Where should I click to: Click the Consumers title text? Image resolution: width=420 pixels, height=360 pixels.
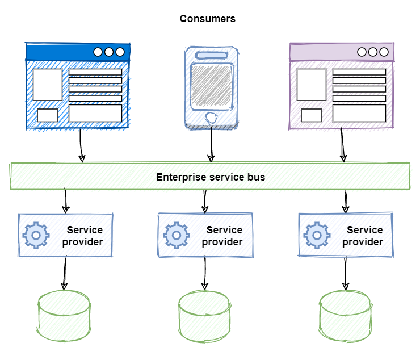208,19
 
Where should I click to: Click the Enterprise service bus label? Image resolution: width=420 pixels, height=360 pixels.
211,177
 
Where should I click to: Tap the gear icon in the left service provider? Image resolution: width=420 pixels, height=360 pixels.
36,235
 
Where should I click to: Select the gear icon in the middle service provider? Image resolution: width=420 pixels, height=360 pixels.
176,235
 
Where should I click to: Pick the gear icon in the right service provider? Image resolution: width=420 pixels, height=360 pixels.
316,235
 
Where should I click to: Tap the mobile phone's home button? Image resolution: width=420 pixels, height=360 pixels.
211,119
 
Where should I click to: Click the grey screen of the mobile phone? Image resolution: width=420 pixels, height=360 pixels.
211,86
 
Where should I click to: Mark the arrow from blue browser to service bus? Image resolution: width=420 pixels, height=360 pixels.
81,145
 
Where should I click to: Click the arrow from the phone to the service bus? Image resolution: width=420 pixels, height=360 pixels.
211,145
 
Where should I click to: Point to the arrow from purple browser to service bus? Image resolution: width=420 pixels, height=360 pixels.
343,145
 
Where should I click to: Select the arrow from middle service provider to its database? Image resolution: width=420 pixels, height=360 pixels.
204,274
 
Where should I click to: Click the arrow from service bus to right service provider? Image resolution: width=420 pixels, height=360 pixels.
346,201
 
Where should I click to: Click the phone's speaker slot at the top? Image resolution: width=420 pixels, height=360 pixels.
211,55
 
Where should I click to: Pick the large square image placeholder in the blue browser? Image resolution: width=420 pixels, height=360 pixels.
48,85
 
